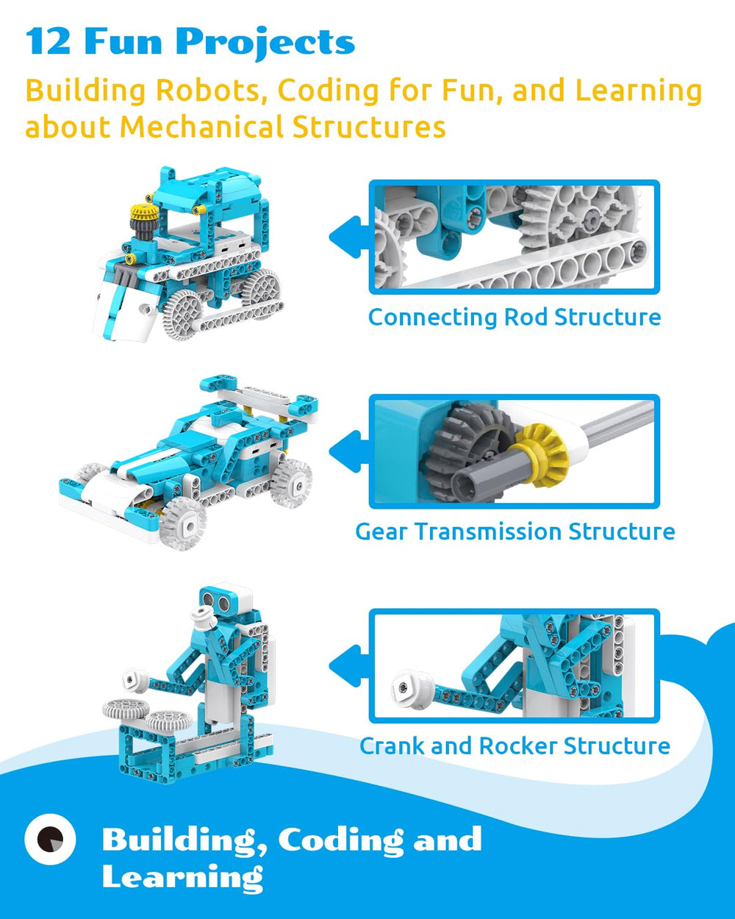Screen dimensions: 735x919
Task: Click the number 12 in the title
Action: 48,41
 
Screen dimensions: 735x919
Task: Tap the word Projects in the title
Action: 265,43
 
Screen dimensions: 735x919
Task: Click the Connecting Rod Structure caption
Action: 514,318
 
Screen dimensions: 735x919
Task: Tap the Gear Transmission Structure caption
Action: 515,532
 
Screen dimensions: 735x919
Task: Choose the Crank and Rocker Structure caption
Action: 514,746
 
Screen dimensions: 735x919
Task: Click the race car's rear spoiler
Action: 259,394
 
